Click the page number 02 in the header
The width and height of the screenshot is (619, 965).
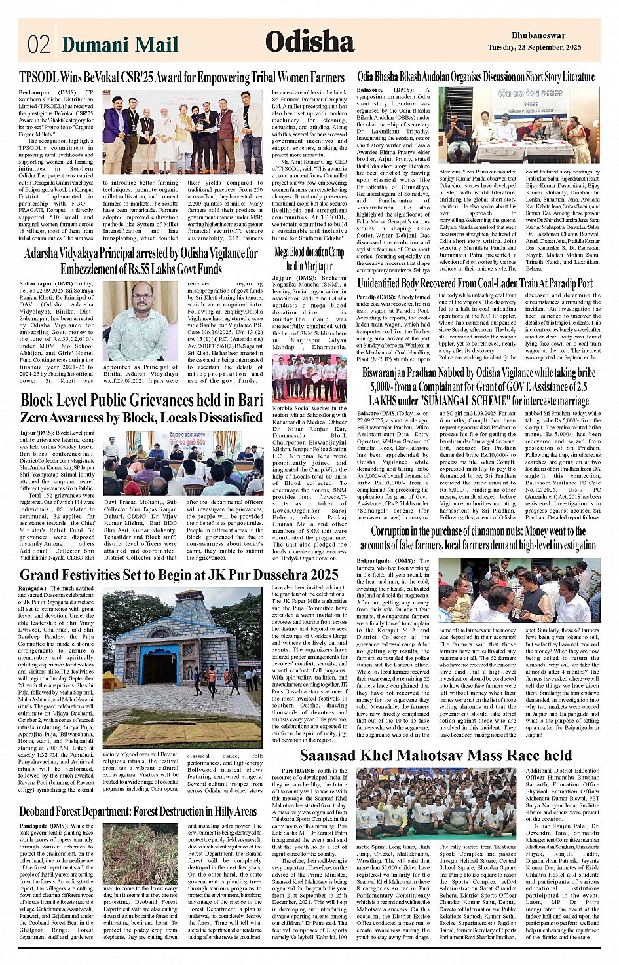[39, 44]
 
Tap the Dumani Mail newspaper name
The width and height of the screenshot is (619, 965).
[120, 45]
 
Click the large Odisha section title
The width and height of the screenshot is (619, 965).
[309, 42]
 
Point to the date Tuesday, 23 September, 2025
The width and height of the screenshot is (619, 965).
[535, 48]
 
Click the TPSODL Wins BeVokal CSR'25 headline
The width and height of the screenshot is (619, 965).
[181, 77]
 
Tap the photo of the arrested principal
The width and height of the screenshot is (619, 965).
[140, 321]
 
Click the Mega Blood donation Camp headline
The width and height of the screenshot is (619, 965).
[309, 259]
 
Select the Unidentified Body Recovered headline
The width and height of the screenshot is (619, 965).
[475, 283]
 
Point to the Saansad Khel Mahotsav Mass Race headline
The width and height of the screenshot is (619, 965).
[436, 756]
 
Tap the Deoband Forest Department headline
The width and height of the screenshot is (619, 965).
[138, 812]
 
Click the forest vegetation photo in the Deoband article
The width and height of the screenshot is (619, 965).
[140, 854]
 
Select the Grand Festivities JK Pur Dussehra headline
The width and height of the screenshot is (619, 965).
[179, 575]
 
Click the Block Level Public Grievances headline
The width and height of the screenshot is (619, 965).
[141, 399]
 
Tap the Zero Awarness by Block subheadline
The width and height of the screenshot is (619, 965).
[141, 417]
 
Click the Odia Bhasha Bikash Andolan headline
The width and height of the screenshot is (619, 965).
[476, 77]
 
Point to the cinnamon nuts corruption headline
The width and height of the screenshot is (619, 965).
[478, 537]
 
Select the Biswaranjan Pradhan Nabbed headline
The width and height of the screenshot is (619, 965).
[478, 386]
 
